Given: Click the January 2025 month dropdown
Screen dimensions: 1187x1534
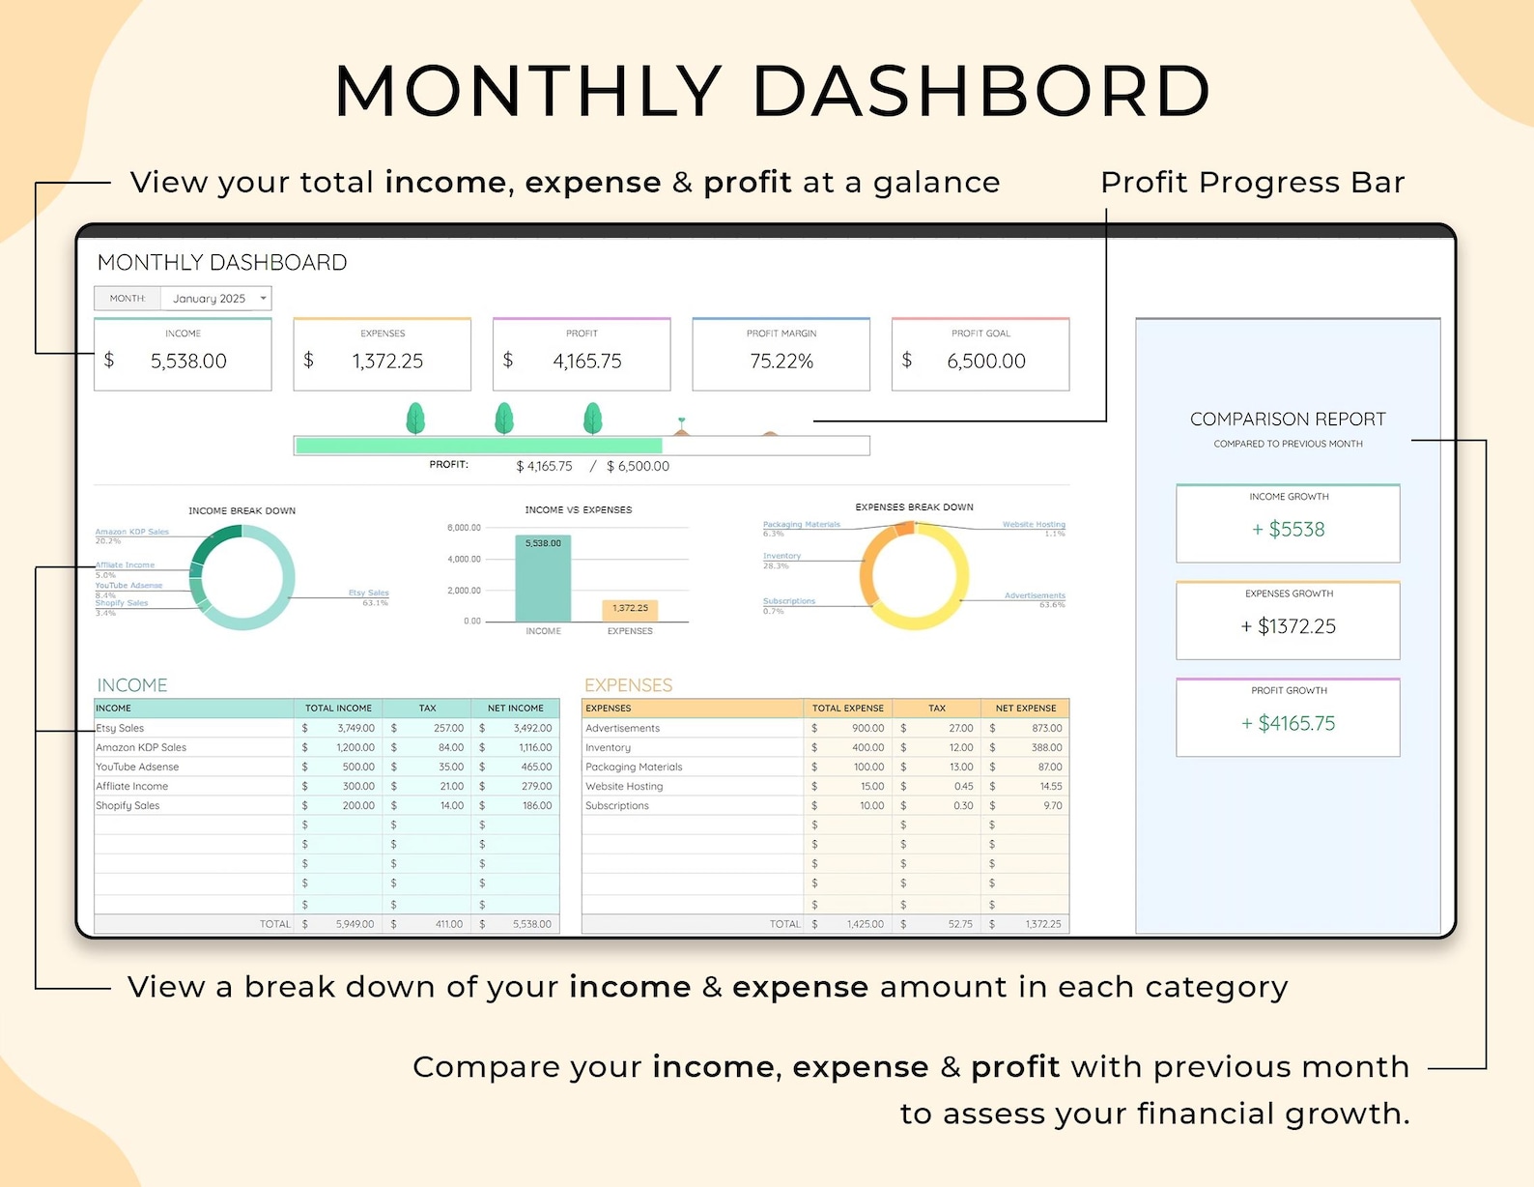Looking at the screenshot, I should pyautogui.click(x=215, y=299).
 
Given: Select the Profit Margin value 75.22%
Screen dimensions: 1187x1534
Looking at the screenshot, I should pyautogui.click(x=781, y=362).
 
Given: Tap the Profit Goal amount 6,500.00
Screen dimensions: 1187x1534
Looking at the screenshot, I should pyautogui.click(x=986, y=362).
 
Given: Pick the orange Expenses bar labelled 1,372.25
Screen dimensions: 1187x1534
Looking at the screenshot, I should pyautogui.click(x=630, y=610).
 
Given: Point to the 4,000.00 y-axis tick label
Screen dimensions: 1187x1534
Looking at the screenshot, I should pyautogui.click(x=464, y=560).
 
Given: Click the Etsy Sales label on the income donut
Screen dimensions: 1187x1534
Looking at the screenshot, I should pyautogui.click(x=368, y=593).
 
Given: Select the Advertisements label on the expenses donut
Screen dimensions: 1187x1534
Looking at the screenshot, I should pyautogui.click(x=1034, y=595).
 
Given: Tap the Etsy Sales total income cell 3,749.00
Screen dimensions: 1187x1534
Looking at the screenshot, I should pyautogui.click(x=355, y=729).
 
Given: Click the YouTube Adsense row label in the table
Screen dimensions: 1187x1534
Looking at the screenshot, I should pyautogui.click(x=137, y=767).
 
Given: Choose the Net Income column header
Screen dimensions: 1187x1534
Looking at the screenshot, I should pyautogui.click(x=515, y=709).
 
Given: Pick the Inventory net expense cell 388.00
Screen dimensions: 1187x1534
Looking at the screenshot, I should pyautogui.click(x=1046, y=748).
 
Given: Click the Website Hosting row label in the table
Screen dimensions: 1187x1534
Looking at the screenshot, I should pyautogui.click(x=624, y=787).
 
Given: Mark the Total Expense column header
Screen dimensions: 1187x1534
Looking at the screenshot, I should pyautogui.click(x=847, y=709).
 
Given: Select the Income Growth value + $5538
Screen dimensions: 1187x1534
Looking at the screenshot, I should pyautogui.click(x=1288, y=530).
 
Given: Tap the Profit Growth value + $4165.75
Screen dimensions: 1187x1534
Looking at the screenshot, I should pyautogui.click(x=1288, y=724).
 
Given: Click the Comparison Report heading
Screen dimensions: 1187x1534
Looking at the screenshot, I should pyautogui.click(x=1288, y=420).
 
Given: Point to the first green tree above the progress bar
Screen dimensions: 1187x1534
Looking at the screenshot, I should pyautogui.click(x=415, y=419).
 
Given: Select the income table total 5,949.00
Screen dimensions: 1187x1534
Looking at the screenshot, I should pyautogui.click(x=355, y=925).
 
